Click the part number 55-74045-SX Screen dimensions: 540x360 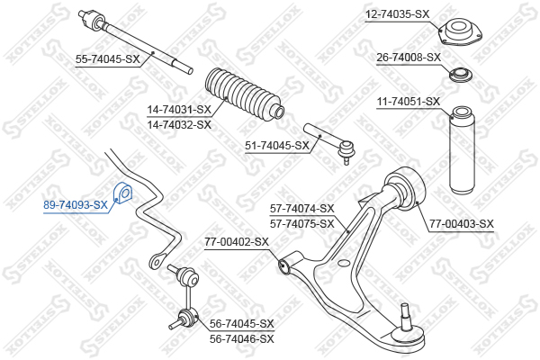coord(108,59)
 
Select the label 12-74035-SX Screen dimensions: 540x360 coord(398,14)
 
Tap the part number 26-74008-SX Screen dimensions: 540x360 coord(409,58)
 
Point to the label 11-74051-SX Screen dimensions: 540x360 coord(409,102)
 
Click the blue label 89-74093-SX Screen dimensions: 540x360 coord(76,205)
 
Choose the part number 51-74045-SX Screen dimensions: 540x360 coord(277,146)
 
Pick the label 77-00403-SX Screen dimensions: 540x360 coord(462,223)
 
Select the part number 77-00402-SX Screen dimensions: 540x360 coord(237,241)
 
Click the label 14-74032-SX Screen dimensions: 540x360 coord(179,124)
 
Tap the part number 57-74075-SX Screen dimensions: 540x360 coord(302,223)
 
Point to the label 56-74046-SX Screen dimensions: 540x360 coord(242,339)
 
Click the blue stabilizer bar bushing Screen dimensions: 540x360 coord(123,193)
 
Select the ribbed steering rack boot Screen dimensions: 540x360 coord(244,95)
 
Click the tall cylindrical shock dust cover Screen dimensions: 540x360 coord(463,150)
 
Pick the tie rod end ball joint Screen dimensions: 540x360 coord(346,150)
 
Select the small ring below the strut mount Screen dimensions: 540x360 coord(461,75)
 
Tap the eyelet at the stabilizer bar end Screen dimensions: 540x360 coord(156,261)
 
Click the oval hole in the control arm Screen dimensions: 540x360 coord(344,264)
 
